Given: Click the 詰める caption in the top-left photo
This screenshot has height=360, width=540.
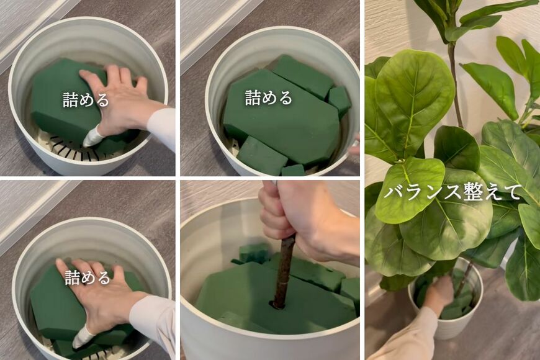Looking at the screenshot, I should click(x=86, y=99).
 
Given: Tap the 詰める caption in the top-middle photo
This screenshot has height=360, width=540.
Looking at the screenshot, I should click(x=268, y=97).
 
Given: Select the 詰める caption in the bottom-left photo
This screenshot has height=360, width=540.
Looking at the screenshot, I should click(x=87, y=277).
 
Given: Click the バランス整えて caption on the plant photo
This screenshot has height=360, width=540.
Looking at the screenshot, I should click(x=452, y=192).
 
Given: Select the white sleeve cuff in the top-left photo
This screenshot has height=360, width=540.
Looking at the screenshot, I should click(x=163, y=127).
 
